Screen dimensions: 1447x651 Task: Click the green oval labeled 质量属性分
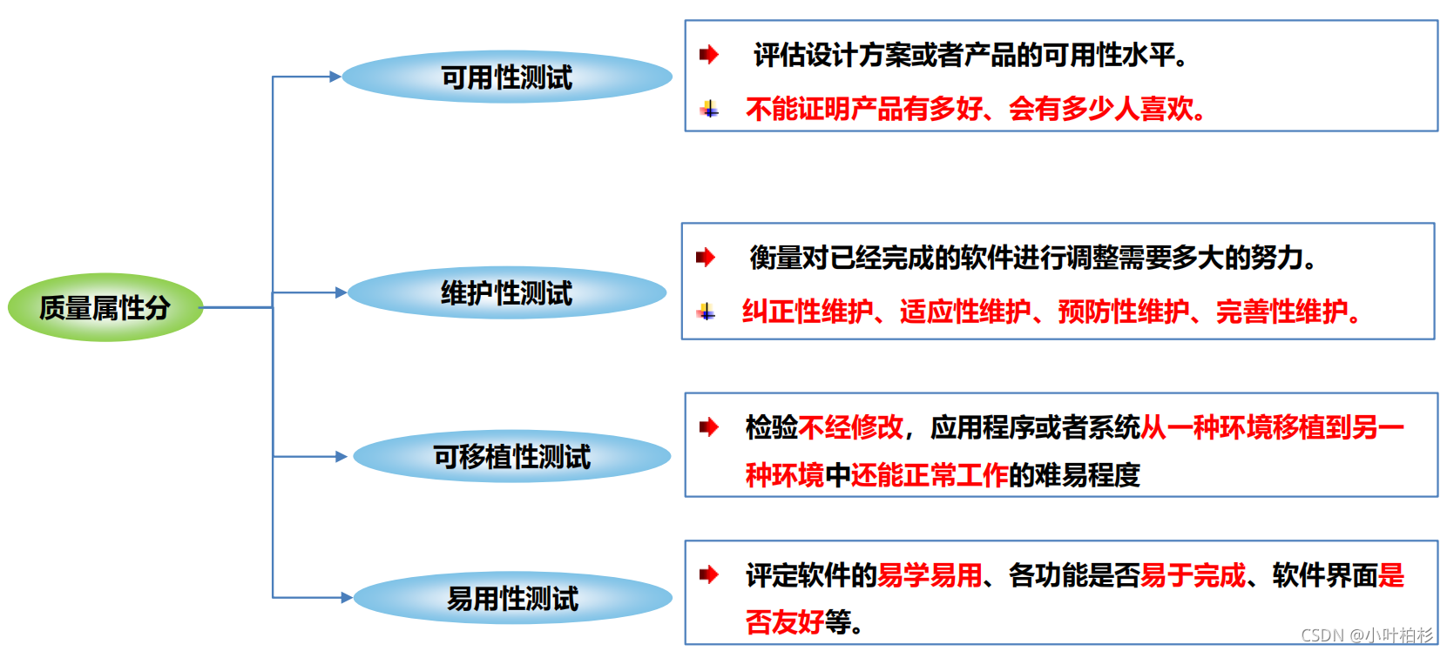click(105, 307)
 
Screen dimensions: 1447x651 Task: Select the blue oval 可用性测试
click(506, 77)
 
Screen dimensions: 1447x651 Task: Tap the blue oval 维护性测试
click(506, 292)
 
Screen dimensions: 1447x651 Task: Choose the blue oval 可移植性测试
click(511, 456)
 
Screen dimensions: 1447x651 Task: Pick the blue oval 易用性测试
click(512, 598)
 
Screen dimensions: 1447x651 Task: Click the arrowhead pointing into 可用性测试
click(335, 77)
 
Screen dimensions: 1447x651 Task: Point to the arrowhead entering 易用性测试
click(347, 598)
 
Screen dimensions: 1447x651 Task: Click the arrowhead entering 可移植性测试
click(341, 456)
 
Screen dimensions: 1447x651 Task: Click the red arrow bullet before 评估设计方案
click(709, 55)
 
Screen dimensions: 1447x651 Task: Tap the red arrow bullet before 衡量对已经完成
click(706, 258)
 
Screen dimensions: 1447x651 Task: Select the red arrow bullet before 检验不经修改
click(709, 426)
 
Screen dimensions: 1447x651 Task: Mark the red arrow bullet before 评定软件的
click(709, 574)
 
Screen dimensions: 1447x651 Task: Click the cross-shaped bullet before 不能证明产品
click(710, 109)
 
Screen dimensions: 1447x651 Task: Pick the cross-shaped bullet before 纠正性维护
click(707, 312)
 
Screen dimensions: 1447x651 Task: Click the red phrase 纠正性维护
click(807, 311)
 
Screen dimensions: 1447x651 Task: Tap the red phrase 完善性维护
click(1281, 311)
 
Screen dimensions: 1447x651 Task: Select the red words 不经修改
click(850, 427)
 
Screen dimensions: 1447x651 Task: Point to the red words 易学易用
click(930, 575)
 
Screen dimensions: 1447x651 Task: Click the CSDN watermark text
click(1366, 635)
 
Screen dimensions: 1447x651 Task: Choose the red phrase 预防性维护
click(1124, 311)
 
